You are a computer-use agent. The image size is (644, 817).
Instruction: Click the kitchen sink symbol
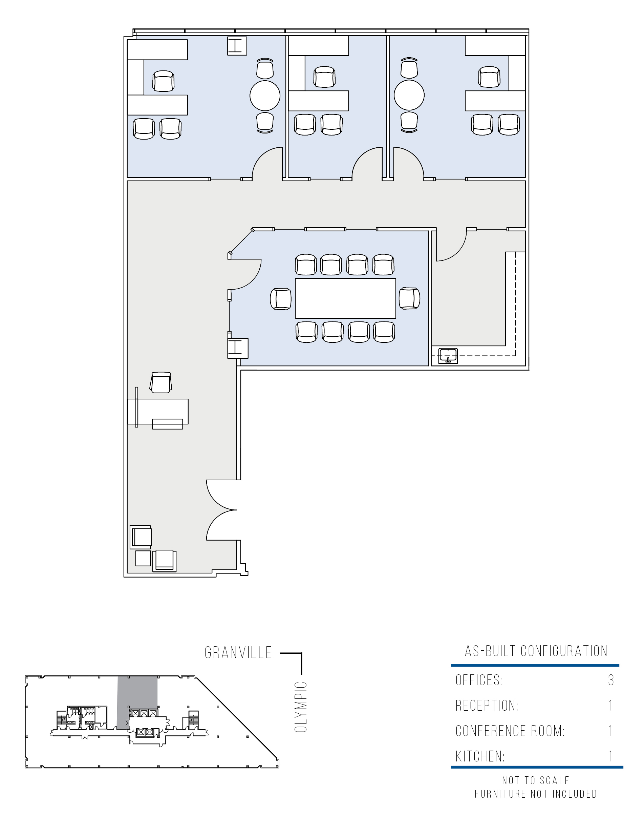point(448,356)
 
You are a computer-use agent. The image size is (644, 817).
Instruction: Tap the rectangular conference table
point(345,298)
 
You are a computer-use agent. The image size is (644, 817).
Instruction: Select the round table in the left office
point(265,96)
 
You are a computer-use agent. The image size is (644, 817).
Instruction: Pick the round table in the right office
point(409,96)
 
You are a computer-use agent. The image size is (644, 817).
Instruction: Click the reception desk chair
point(161,382)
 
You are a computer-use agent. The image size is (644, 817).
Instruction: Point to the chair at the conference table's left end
point(281,299)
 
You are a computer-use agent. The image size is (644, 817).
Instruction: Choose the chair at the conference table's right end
point(409,298)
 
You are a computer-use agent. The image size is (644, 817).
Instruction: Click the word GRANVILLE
point(238,653)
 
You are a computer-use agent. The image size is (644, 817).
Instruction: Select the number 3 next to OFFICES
point(611,680)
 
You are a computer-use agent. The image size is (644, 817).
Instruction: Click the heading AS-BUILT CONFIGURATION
point(536,651)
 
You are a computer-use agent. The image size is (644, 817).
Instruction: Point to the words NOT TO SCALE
point(536,780)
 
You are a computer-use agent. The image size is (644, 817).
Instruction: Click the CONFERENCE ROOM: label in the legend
point(510,731)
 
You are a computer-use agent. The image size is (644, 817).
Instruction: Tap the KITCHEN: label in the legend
point(480,756)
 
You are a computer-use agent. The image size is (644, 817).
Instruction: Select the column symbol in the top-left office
point(237,46)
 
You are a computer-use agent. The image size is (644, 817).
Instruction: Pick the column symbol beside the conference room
point(238,348)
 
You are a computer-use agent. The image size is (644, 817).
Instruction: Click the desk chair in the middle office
point(324,77)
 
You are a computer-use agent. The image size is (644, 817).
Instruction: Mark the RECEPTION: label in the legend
point(487,705)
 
